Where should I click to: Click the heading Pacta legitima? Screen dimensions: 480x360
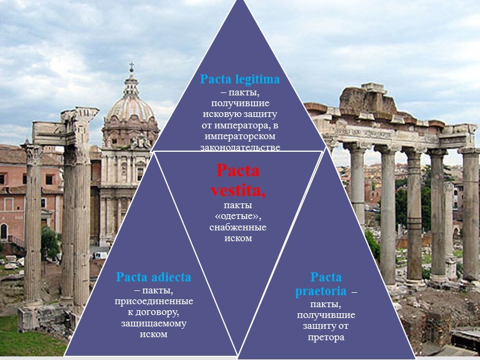240,79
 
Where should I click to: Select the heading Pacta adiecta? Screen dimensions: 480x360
154,277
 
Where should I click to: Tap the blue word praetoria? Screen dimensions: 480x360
320,292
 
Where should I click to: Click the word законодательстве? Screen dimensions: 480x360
240,147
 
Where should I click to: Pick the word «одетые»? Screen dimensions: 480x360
238,217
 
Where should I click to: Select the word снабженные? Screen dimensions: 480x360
238,227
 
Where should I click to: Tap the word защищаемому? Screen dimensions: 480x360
154,323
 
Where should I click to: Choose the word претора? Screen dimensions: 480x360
326,337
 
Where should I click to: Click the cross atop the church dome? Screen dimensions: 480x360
131,68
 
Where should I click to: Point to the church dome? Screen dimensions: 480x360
130,108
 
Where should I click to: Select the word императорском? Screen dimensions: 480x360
240,136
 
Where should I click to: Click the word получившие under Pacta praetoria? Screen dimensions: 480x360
326,315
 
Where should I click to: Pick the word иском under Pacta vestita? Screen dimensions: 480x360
238,238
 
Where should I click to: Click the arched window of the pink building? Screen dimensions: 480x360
4,232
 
